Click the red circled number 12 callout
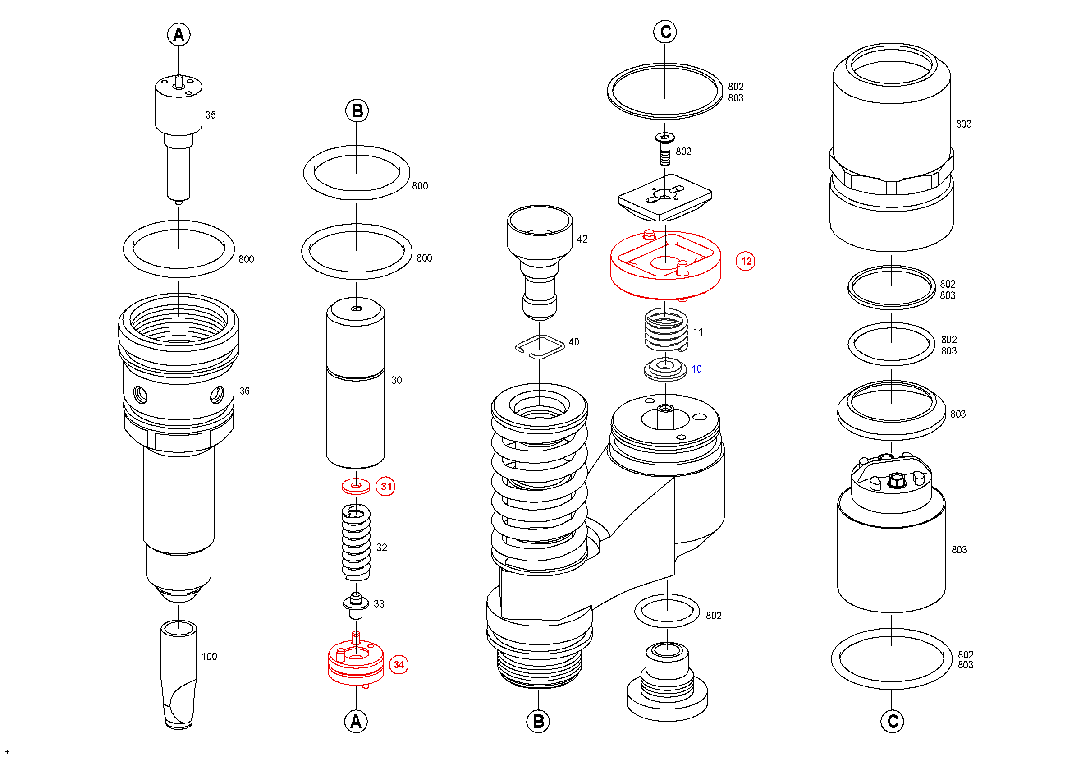click(x=745, y=261)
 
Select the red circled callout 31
click(x=385, y=486)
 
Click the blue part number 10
click(x=696, y=369)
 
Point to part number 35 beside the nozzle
click(x=211, y=115)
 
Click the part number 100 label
click(x=209, y=656)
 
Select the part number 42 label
click(x=582, y=239)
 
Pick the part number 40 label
click(x=573, y=342)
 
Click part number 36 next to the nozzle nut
click(x=244, y=391)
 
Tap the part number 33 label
click(x=379, y=603)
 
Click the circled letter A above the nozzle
click(x=179, y=34)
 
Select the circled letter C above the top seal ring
click(x=665, y=32)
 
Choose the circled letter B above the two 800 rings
click(x=357, y=111)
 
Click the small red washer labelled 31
click(x=356, y=486)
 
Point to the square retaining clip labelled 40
click(x=540, y=347)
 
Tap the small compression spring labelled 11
click(x=666, y=331)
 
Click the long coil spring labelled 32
click(x=356, y=543)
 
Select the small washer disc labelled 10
click(x=665, y=369)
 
